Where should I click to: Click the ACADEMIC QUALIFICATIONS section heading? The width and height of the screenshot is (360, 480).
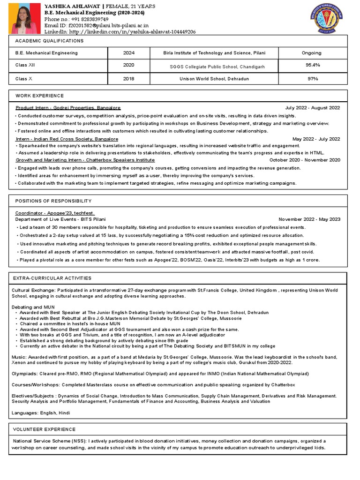(x=49, y=41)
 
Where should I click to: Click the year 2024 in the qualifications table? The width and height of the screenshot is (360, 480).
(x=128, y=53)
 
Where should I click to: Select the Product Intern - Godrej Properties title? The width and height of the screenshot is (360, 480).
(x=68, y=108)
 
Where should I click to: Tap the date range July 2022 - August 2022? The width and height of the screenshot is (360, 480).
(x=312, y=108)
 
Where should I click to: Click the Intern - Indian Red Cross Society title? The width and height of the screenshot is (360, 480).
(x=67, y=139)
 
